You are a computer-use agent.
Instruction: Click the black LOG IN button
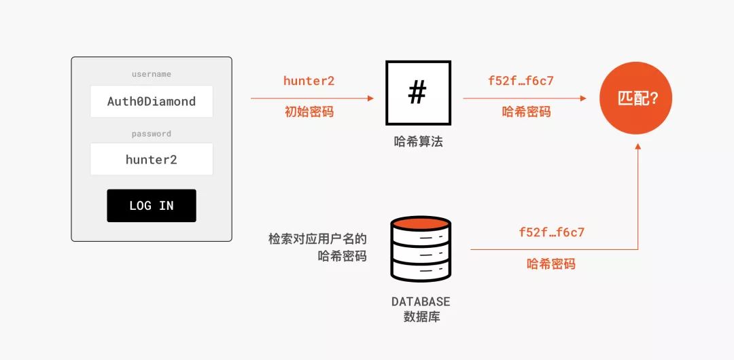tap(152, 205)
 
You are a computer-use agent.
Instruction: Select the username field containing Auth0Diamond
tap(152, 101)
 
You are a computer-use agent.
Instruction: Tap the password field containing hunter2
tap(152, 160)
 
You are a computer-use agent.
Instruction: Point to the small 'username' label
tap(152, 74)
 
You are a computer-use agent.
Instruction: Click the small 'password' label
tap(152, 134)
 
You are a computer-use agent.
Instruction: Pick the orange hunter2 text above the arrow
tap(309, 81)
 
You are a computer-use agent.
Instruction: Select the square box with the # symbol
tap(417, 94)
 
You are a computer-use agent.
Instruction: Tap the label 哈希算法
tap(418, 142)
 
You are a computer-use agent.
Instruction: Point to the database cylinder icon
tap(421, 249)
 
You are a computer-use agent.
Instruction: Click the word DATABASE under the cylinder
tap(421, 302)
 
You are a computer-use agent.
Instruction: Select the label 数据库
tap(421, 317)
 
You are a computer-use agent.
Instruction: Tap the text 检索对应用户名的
tap(317, 239)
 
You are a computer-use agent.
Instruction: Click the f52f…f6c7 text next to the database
tap(551, 232)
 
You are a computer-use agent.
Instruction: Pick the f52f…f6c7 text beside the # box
tap(521, 81)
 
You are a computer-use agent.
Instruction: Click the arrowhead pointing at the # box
tap(370, 98)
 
